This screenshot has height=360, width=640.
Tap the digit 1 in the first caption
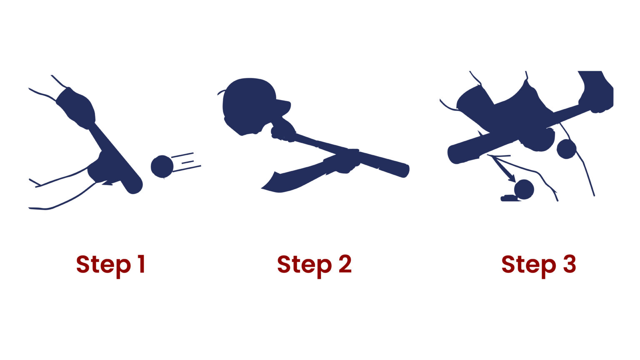[141, 264]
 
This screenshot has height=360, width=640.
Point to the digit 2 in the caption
[345, 264]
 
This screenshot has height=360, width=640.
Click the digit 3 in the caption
[570, 264]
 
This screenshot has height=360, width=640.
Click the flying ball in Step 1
[162, 167]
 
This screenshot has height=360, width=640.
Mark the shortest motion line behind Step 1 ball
[187, 162]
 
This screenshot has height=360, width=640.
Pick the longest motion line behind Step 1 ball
[187, 168]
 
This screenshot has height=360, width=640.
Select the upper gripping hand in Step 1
[77, 106]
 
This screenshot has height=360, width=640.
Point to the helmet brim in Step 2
[283, 102]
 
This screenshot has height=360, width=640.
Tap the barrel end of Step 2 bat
[404, 171]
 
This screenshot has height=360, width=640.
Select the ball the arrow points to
[524, 190]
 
